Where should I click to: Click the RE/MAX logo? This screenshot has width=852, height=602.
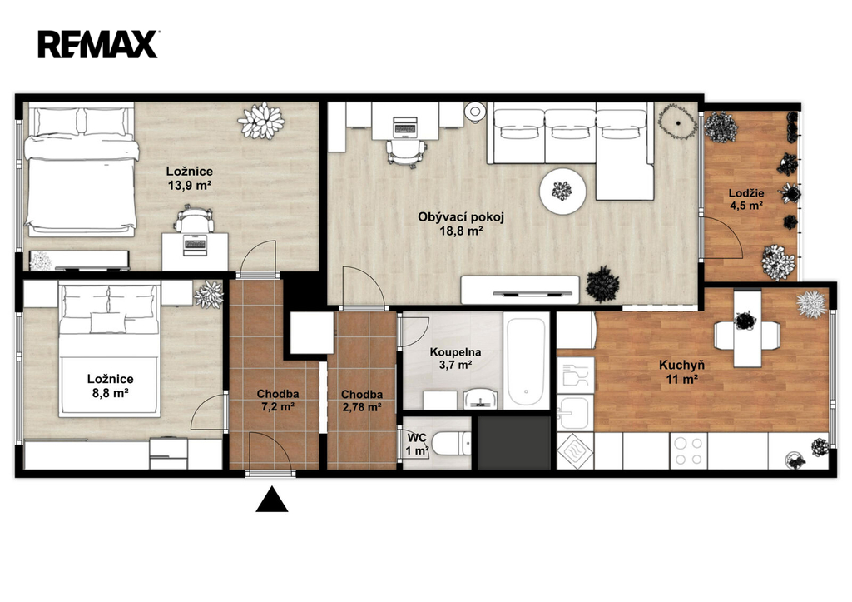[x=98, y=44]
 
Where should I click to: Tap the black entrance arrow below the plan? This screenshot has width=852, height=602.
[x=272, y=500]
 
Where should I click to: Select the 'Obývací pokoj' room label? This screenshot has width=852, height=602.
[x=461, y=217]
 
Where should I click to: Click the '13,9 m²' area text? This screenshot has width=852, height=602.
[x=189, y=186]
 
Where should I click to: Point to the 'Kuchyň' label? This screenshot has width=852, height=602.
[x=681, y=365]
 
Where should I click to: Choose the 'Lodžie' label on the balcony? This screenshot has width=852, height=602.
[x=746, y=193]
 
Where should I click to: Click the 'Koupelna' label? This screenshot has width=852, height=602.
[x=455, y=352]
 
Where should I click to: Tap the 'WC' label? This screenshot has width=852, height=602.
[x=417, y=438]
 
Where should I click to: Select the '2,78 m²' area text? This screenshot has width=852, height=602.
[x=362, y=407]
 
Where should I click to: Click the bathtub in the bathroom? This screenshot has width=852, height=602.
[x=526, y=361]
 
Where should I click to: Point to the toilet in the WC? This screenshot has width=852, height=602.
[x=453, y=443]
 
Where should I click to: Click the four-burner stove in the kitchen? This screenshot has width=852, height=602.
[x=688, y=450]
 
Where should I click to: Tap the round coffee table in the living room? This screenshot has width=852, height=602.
[x=563, y=191]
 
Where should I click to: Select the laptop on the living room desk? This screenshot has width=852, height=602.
[x=404, y=127]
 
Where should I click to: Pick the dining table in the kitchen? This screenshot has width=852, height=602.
[x=747, y=328]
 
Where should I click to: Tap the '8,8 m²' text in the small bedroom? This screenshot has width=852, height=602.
[x=110, y=393]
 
